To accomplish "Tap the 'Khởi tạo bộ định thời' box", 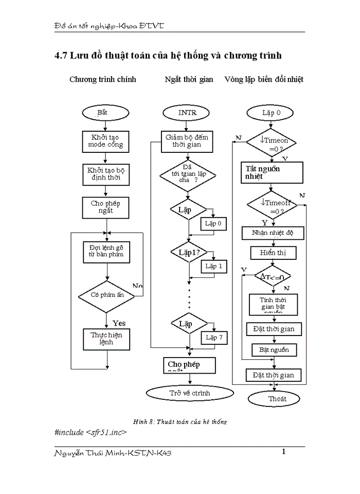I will click(x=106, y=175).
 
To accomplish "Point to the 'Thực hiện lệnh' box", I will click(x=106, y=338).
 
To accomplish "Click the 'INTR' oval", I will click(x=187, y=112).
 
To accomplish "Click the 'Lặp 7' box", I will click(x=214, y=338).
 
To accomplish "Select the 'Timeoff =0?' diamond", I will click(x=273, y=206).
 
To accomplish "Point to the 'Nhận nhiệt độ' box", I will click(x=273, y=233).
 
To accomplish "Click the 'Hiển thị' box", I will click(x=273, y=253).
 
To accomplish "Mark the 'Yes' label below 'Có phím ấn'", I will click(x=119, y=323).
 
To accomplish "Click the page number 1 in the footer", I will click(x=283, y=452).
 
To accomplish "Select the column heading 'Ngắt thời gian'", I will click(x=189, y=79).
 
